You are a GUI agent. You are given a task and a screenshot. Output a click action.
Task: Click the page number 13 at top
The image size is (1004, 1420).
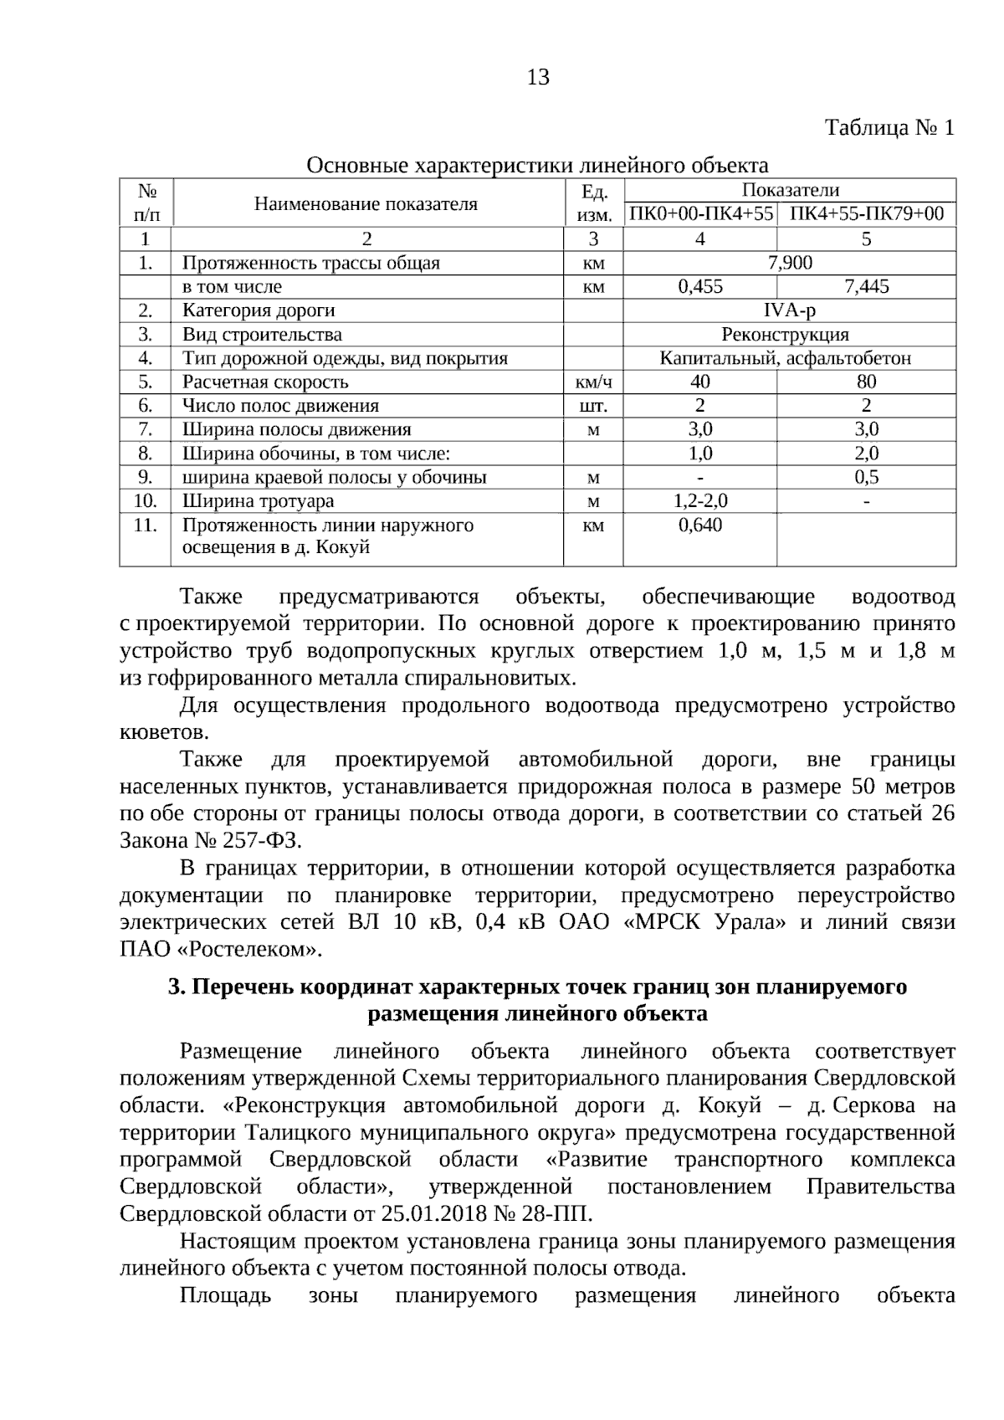(x=538, y=79)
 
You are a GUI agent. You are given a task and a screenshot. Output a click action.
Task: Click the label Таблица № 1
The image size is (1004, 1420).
(x=889, y=128)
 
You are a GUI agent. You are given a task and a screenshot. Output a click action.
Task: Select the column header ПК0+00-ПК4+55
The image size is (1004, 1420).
(x=700, y=214)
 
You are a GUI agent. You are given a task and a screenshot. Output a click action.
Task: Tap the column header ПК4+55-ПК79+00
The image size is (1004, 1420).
(x=867, y=214)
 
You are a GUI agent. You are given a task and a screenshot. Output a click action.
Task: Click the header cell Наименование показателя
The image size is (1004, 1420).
(x=366, y=203)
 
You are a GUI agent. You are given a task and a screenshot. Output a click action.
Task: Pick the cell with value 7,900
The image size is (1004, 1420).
(x=790, y=263)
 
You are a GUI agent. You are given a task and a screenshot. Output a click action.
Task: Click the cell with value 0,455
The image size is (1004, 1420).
(x=700, y=287)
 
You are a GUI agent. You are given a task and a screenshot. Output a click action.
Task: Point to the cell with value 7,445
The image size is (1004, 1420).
(x=867, y=287)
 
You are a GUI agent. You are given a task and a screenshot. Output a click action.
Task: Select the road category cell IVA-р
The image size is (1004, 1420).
(x=790, y=310)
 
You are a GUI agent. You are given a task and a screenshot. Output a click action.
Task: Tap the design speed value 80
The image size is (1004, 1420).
(x=867, y=382)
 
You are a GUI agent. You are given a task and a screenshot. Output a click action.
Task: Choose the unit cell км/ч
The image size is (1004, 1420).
(x=593, y=383)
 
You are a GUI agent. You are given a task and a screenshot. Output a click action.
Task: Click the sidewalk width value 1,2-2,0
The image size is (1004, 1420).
(x=700, y=501)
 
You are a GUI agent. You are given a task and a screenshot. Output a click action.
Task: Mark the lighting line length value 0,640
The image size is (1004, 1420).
(x=700, y=525)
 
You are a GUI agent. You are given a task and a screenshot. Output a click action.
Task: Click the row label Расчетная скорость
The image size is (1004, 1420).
(x=265, y=382)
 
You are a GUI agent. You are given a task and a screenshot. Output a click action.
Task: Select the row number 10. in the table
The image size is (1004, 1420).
(x=146, y=501)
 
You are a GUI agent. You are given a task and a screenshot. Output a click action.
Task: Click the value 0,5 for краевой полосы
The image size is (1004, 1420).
(x=867, y=478)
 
